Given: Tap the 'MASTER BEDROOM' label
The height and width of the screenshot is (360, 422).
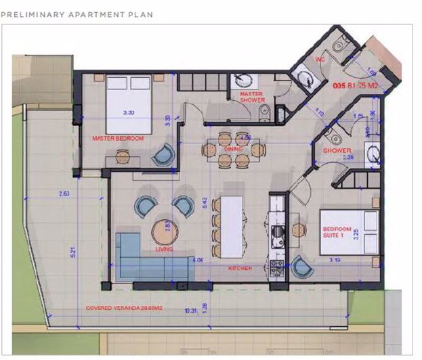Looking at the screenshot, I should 118,138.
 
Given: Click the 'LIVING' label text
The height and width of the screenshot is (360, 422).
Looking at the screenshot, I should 164,250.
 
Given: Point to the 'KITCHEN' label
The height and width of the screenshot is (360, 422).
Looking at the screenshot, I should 240,269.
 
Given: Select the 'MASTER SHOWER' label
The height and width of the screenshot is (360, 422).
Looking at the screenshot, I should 252,97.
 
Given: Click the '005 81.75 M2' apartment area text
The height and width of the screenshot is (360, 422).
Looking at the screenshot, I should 355,86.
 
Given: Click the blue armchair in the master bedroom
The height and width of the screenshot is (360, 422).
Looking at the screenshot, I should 163,156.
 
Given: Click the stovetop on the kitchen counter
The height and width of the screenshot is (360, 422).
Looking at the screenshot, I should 277,270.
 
